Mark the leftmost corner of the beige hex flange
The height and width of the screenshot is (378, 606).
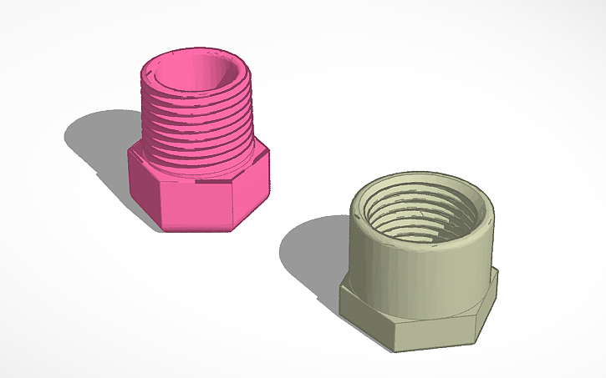pyautogui.click(x=340, y=289)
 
